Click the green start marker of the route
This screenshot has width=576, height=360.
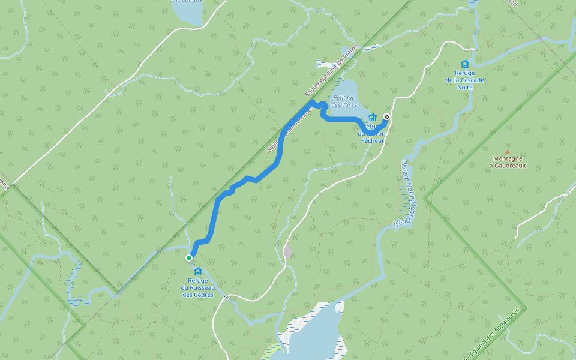tap(189, 258)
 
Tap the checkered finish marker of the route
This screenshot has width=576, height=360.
tap(386, 117)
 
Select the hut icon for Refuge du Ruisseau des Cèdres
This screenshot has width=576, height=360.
tap(198, 272)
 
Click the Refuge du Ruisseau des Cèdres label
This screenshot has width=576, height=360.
tap(198, 287)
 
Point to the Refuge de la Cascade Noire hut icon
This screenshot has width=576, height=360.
tap(464, 64)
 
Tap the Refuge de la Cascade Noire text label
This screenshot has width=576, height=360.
tap(464, 80)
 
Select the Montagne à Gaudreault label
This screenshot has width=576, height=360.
tap(507, 162)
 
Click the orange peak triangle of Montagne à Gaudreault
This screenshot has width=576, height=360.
tap(507, 152)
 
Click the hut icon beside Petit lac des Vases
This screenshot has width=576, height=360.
tap(372, 117)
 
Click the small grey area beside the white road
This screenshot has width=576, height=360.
tap(288, 252)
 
